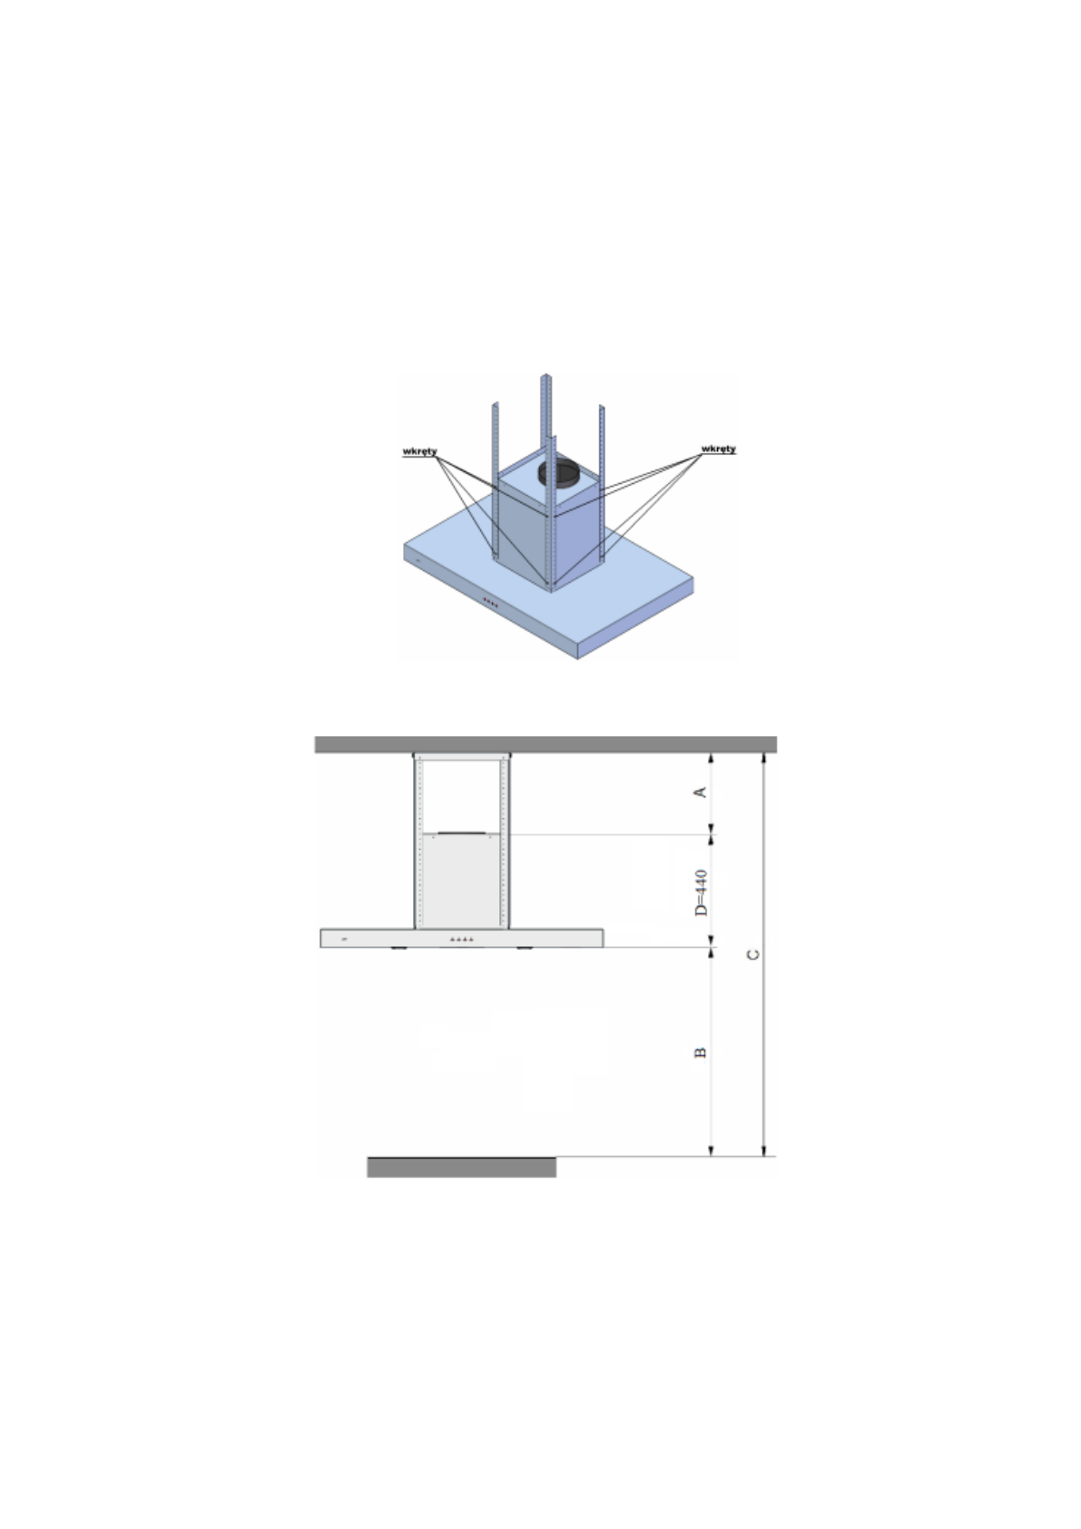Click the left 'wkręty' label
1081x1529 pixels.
tap(419, 451)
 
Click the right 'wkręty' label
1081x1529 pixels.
tap(719, 449)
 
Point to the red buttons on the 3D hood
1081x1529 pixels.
tap(491, 602)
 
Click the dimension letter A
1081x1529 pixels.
tap(700, 792)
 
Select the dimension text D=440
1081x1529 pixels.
tap(701, 893)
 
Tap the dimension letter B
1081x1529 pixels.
tap(700, 1052)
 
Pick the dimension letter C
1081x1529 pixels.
tap(752, 954)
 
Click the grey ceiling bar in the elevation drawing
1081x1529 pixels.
tap(545, 744)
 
